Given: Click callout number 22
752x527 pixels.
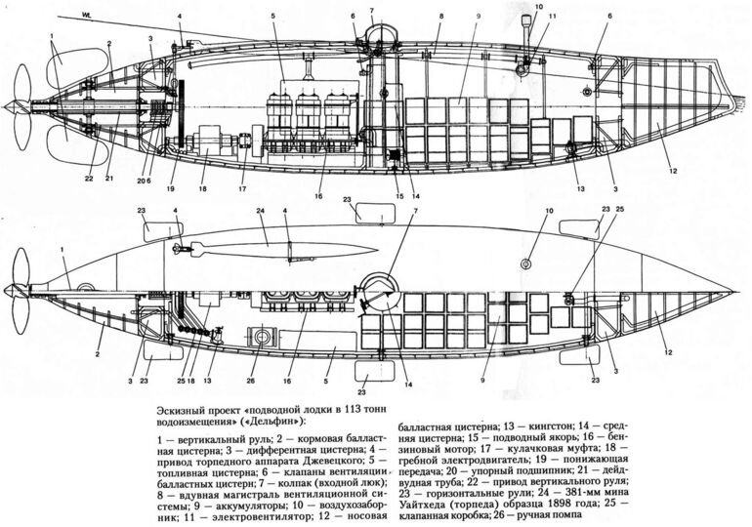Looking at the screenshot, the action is point(88,179).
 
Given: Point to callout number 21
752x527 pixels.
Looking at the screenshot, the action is point(110,179).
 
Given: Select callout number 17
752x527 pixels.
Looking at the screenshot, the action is point(242,188).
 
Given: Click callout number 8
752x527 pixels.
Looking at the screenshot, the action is point(440,17).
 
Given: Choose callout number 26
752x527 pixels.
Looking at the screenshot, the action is point(249,382).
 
